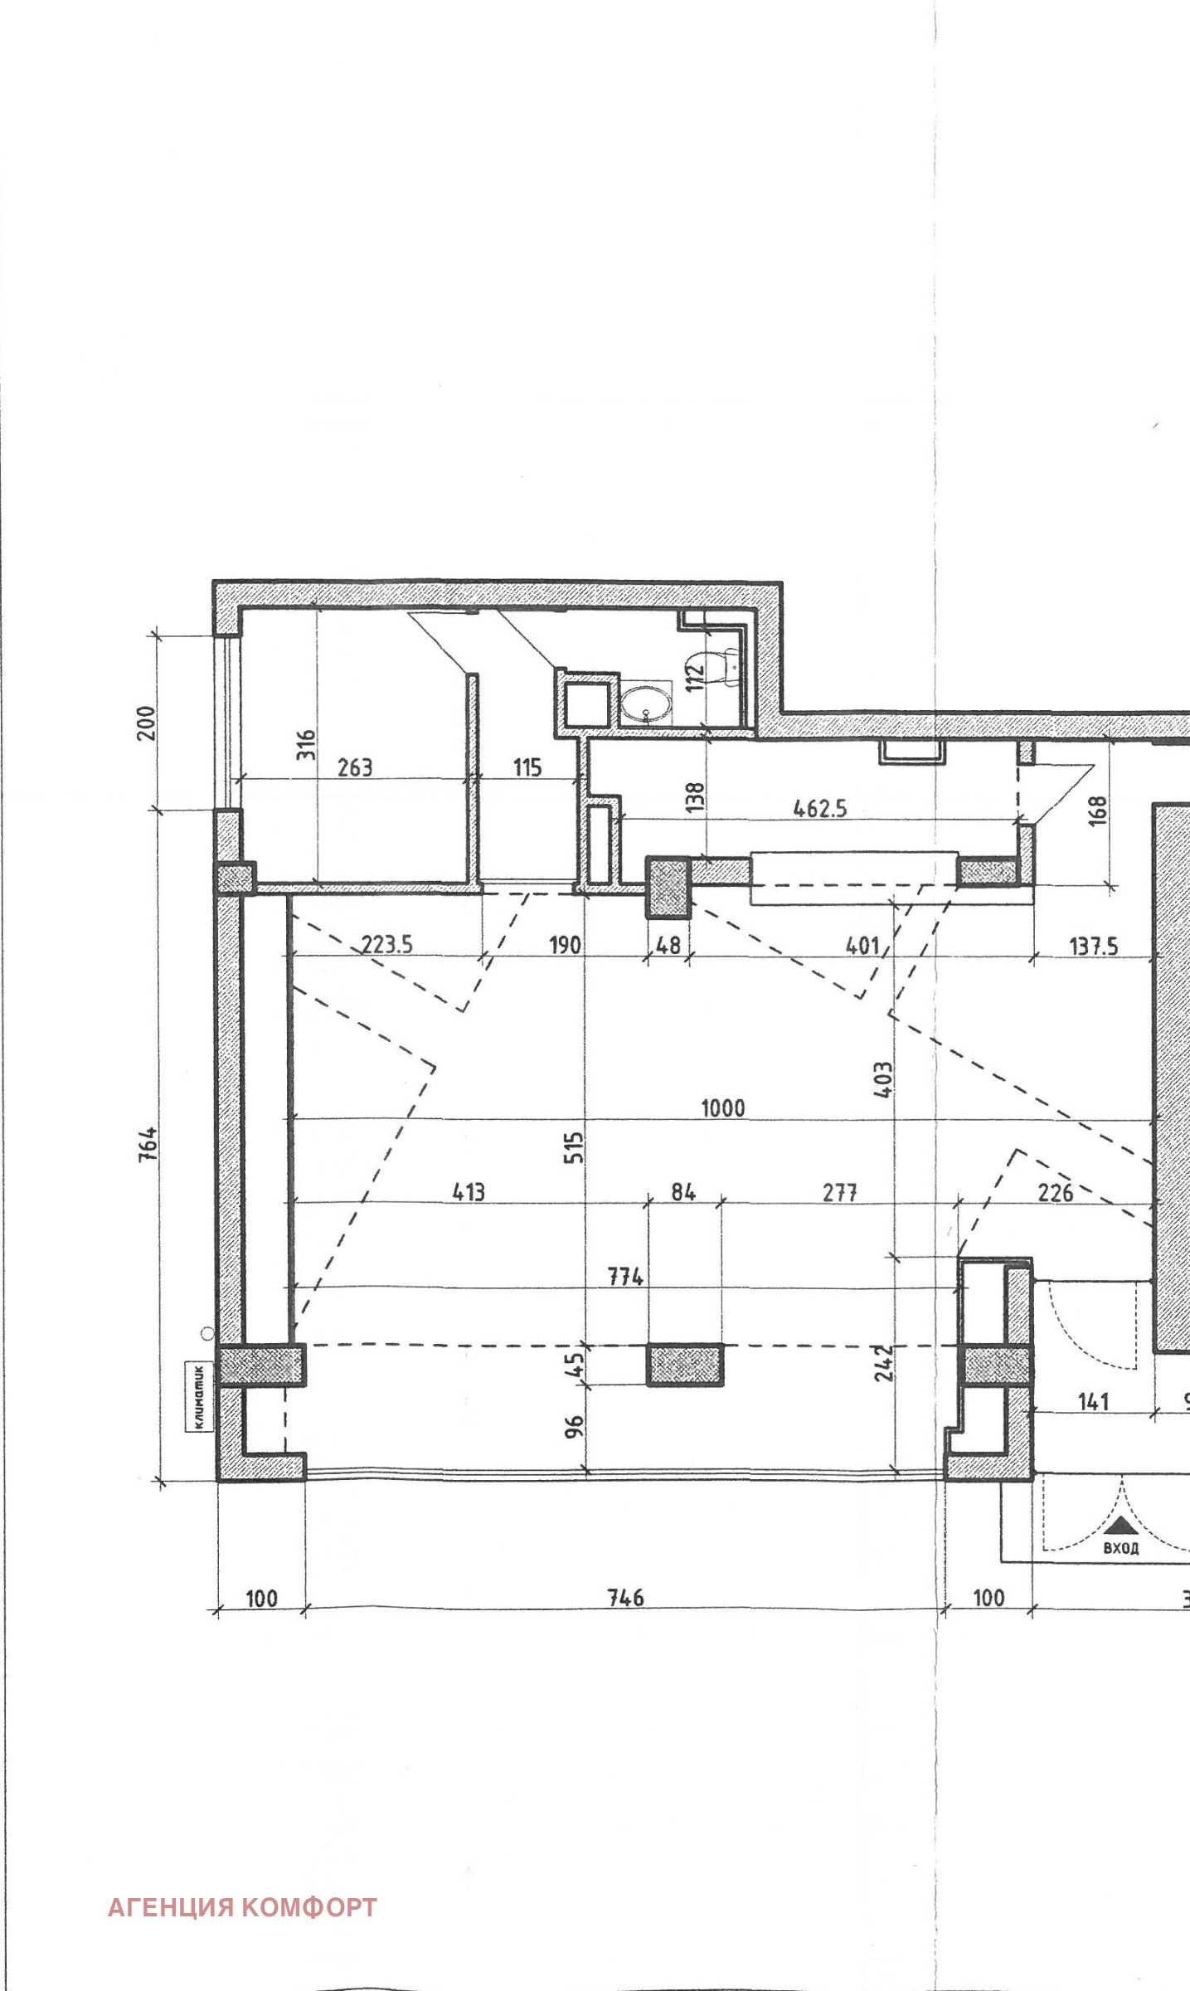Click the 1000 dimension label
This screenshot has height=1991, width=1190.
[x=723, y=1108]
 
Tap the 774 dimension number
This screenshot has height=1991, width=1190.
[x=626, y=1278]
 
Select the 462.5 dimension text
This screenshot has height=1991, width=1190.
[x=820, y=809]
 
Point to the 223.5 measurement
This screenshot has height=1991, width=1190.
[x=387, y=945]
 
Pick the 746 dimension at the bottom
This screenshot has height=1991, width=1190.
[x=626, y=1597]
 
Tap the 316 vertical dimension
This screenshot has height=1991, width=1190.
[x=307, y=744]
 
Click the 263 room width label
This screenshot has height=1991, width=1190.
[x=355, y=767]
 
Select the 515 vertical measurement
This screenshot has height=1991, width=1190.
[x=574, y=1148]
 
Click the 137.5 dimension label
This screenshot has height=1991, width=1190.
[x=1094, y=946]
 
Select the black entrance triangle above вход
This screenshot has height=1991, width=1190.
[x=1120, y=1524]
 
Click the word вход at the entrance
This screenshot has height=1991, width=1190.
[x=1120, y=1548]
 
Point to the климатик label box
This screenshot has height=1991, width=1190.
[x=199, y=1396]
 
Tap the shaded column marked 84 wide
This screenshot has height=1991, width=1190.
[x=684, y=1365]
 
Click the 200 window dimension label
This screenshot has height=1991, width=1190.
[x=146, y=723]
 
